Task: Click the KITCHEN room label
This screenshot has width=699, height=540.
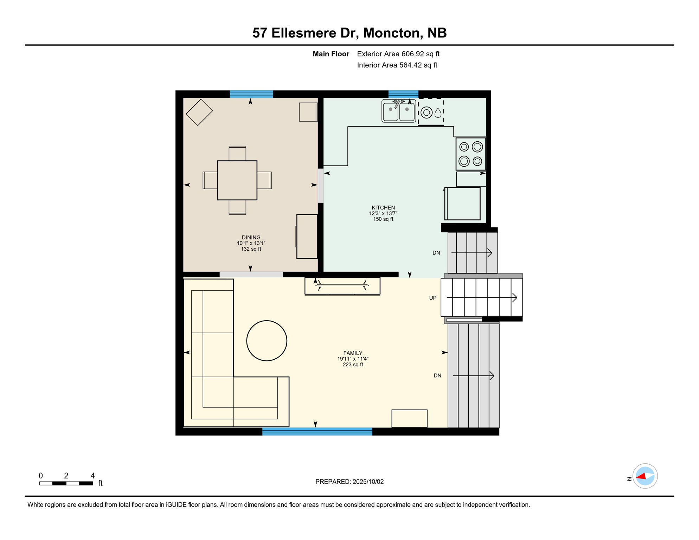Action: [383, 208]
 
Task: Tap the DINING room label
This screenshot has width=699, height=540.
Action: [251, 238]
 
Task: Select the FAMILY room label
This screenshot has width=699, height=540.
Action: [353, 353]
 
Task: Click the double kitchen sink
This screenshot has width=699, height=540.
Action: [399, 111]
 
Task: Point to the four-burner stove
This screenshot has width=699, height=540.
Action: [471, 154]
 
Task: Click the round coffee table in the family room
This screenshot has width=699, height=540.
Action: [267, 341]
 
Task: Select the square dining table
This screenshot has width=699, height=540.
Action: [237, 180]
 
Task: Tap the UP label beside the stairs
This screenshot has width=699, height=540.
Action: [433, 298]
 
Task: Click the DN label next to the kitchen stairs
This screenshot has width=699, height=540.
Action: [436, 253]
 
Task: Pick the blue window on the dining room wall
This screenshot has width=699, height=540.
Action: [251, 94]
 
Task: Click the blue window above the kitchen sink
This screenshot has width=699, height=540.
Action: [403, 94]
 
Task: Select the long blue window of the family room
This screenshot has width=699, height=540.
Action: [317, 432]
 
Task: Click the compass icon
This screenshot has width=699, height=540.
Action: [645, 476]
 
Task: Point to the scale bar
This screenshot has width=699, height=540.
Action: [66, 483]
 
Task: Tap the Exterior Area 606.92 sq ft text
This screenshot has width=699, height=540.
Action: [398, 54]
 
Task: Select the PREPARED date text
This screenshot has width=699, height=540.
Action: [349, 482]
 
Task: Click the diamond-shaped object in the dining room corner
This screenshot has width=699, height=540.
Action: [199, 112]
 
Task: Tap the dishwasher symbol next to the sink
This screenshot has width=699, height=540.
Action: [431, 112]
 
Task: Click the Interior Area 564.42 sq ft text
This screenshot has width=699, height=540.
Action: [397, 65]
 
